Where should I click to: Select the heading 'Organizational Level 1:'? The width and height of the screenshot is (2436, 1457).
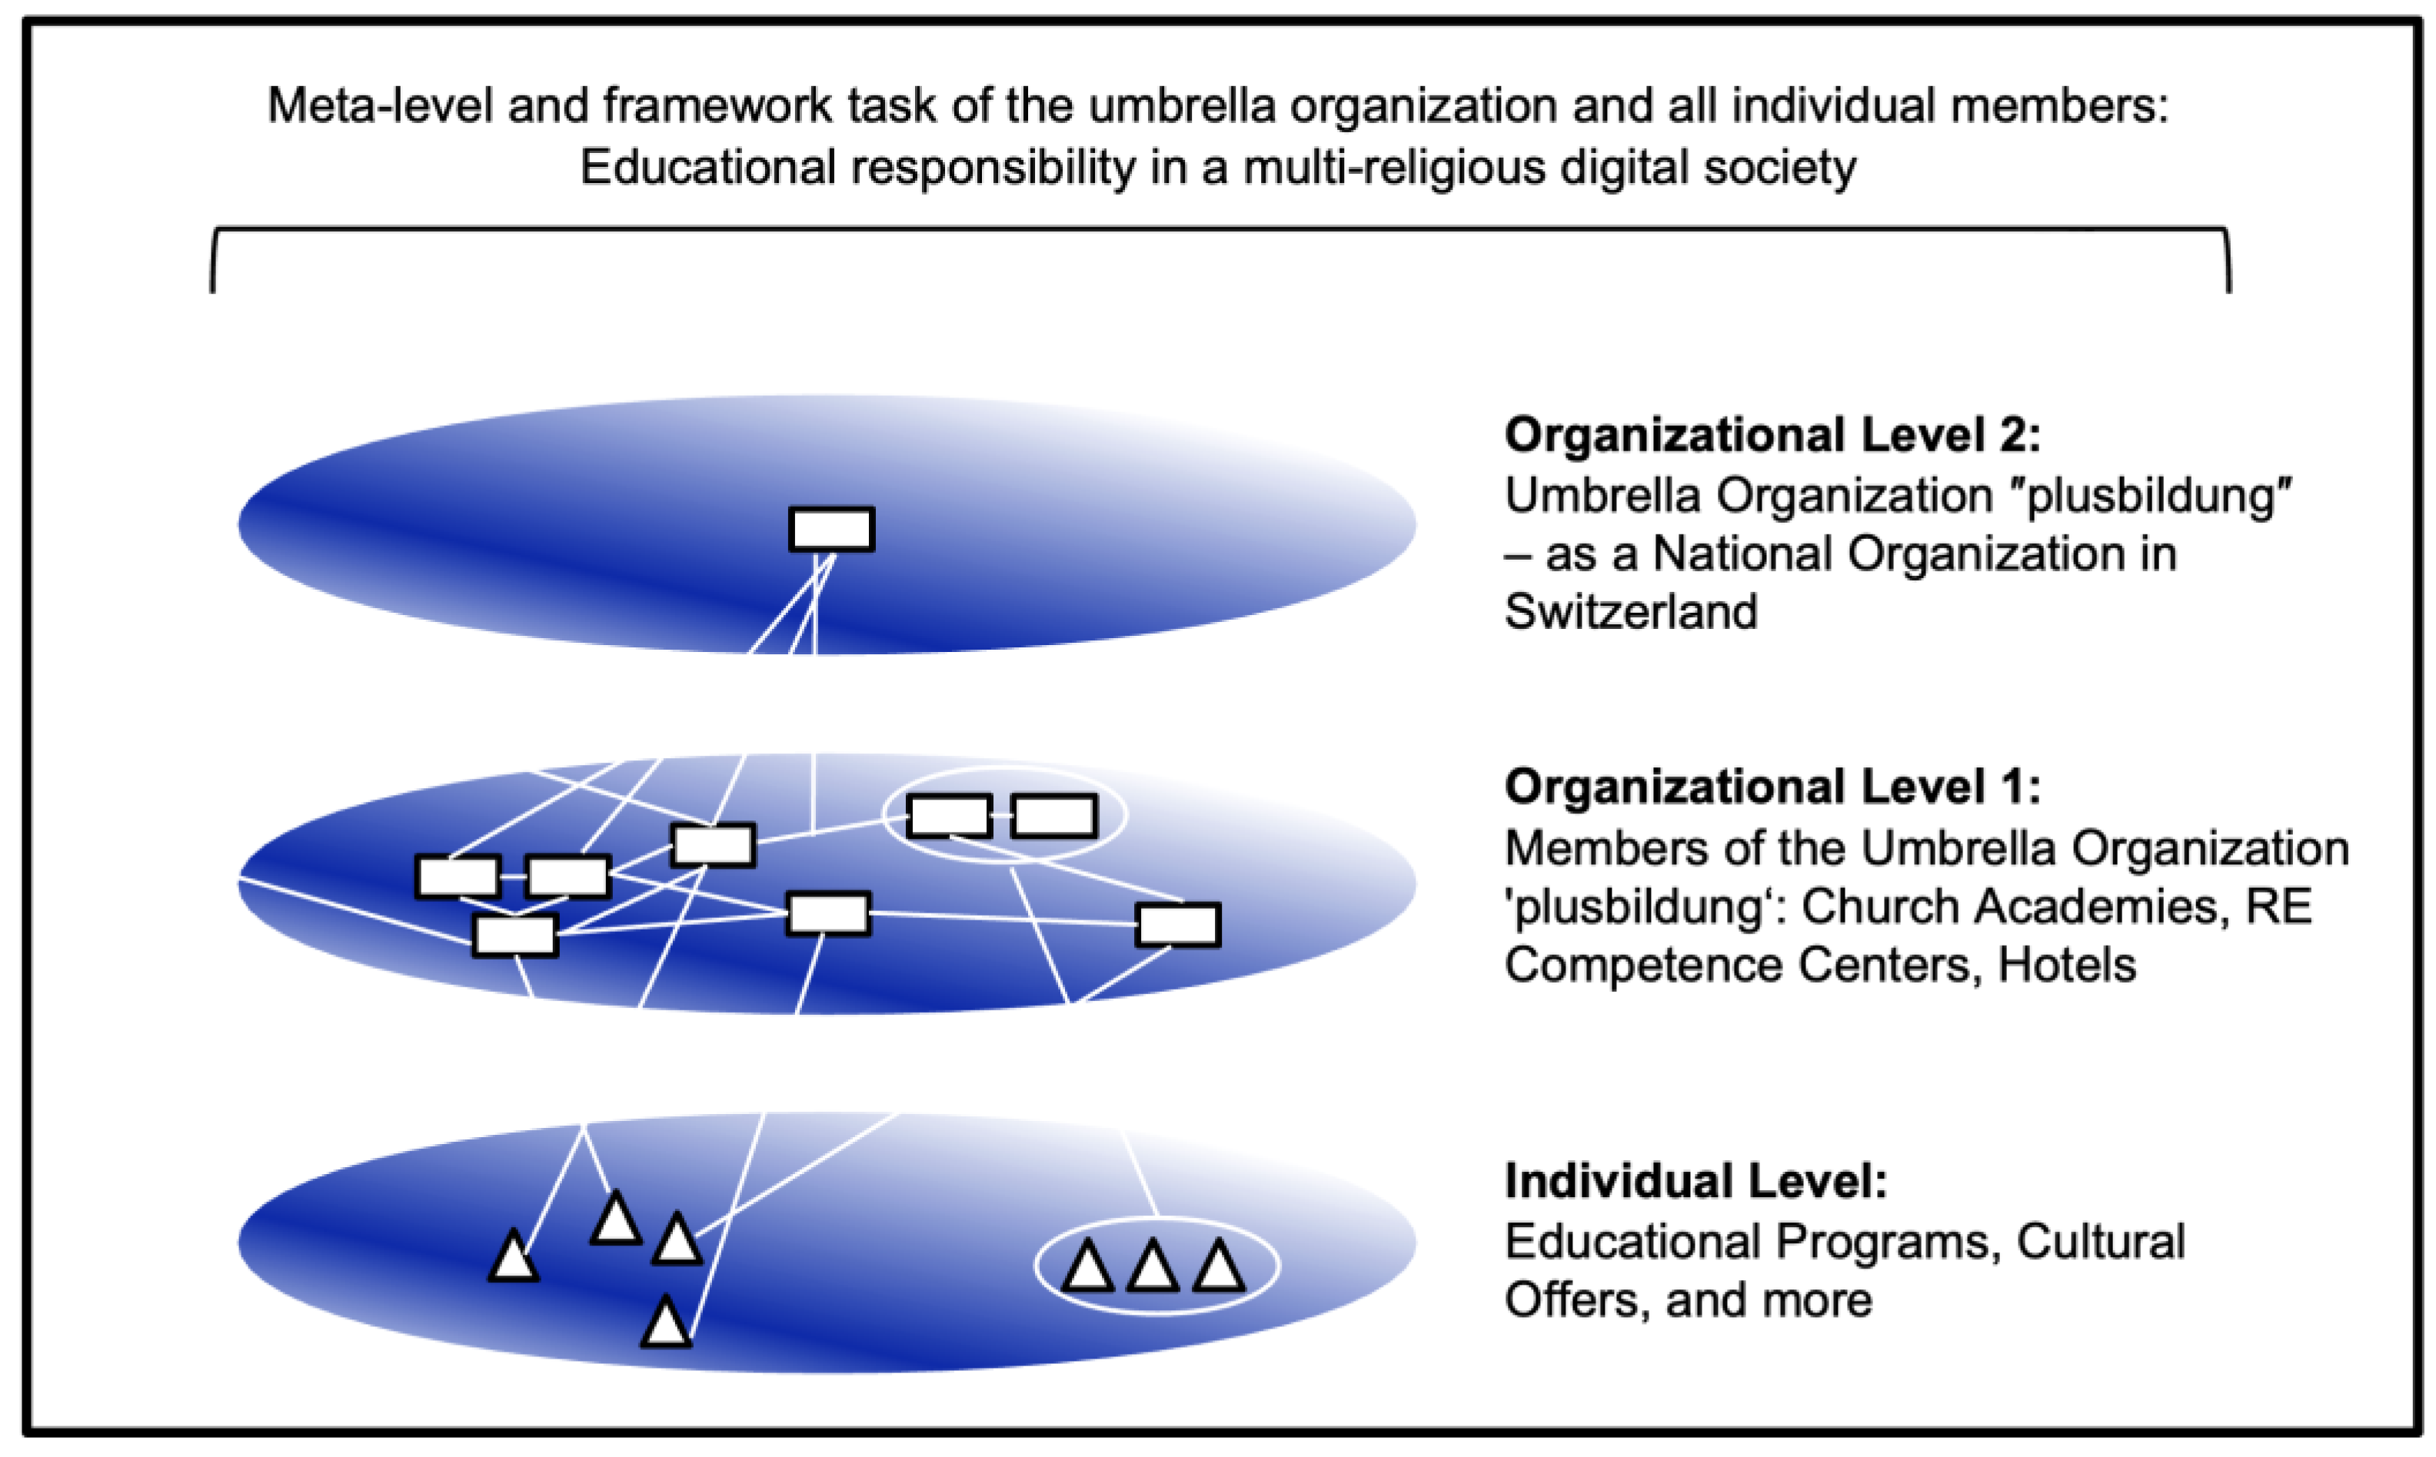(x=1772, y=787)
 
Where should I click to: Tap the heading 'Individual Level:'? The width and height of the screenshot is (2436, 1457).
(x=1696, y=1181)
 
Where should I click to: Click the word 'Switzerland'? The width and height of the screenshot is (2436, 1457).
(x=1631, y=612)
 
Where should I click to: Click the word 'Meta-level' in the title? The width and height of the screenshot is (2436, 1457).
(x=379, y=105)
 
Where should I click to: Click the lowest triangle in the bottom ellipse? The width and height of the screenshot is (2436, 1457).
(x=666, y=1325)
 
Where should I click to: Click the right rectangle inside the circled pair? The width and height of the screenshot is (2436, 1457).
(x=1053, y=816)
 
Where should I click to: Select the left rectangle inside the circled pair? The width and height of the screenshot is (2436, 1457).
(x=948, y=816)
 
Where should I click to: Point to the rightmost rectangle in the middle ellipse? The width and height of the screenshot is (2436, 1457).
(x=1177, y=925)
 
